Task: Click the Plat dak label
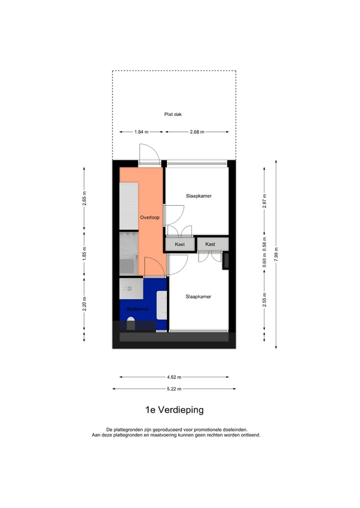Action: pos(173,114)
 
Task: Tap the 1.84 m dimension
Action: pos(141,132)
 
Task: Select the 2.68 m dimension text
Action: pos(197,132)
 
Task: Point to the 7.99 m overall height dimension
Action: pos(276,254)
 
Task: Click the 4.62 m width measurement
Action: pos(174,377)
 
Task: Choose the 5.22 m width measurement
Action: pos(174,389)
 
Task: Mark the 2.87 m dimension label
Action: pos(264,200)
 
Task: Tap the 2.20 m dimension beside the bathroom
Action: pos(84,304)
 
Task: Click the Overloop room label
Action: pos(149,218)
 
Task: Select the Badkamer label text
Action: pos(137,309)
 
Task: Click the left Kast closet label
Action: pos(180,244)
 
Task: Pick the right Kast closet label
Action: pos(210,244)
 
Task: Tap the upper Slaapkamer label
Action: pos(198,196)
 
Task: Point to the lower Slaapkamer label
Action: pos(198,297)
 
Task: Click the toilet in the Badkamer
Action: pos(131,324)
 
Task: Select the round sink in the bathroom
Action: pos(128,288)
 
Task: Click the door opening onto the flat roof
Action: pos(149,154)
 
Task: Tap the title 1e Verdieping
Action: pos(174,410)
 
